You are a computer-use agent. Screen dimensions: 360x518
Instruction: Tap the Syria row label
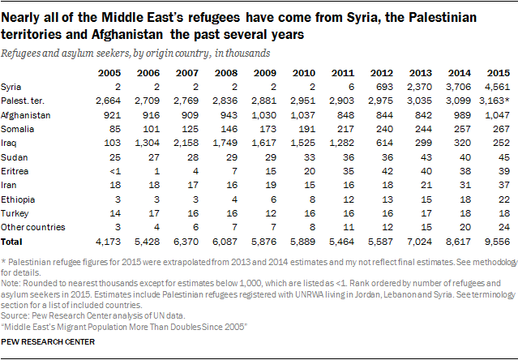point(13,86)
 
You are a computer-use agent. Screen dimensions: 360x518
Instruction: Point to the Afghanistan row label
point(27,115)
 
